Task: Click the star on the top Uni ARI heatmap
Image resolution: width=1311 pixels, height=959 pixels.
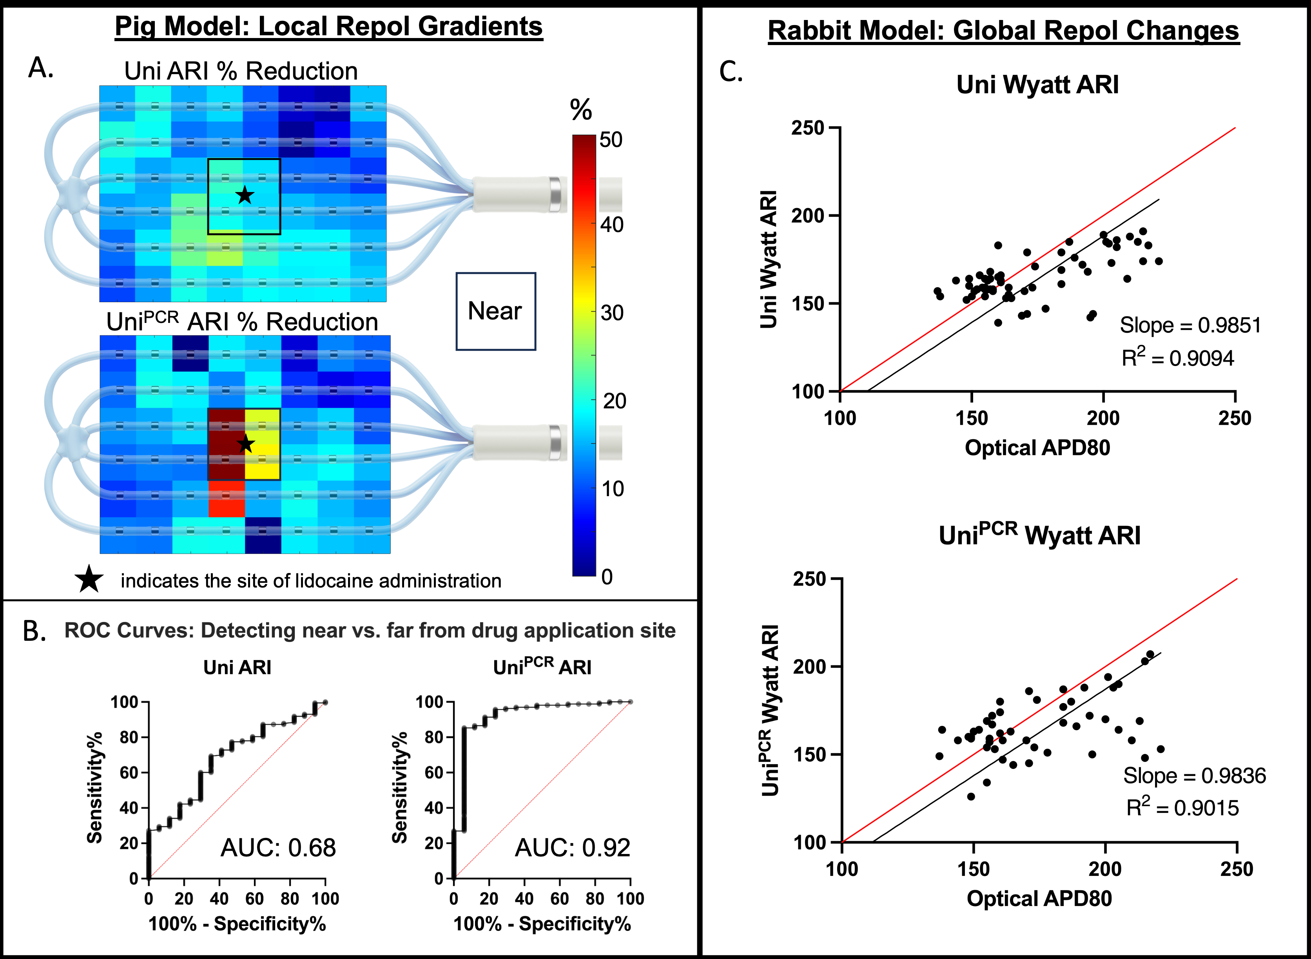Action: point(245,195)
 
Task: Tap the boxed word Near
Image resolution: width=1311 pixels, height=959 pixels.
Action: point(495,311)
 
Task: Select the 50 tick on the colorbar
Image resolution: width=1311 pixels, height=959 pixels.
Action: point(611,140)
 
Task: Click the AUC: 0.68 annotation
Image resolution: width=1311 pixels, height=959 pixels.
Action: point(278,848)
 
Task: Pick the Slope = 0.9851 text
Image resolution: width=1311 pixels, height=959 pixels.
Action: point(1190,325)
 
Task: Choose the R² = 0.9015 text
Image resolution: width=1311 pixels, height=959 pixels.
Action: point(1183,807)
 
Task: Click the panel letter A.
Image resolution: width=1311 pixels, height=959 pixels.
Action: point(41,68)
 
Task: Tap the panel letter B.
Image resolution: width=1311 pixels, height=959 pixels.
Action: point(34,631)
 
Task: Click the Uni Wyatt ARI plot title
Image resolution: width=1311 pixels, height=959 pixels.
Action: point(1037,85)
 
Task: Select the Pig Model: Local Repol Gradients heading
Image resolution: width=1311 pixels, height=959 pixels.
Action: point(328,27)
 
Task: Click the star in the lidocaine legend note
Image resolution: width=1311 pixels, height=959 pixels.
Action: point(89,579)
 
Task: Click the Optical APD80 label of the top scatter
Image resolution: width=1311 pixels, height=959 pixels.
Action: point(1037,448)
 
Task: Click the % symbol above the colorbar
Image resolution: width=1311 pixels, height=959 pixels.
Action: point(580,109)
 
